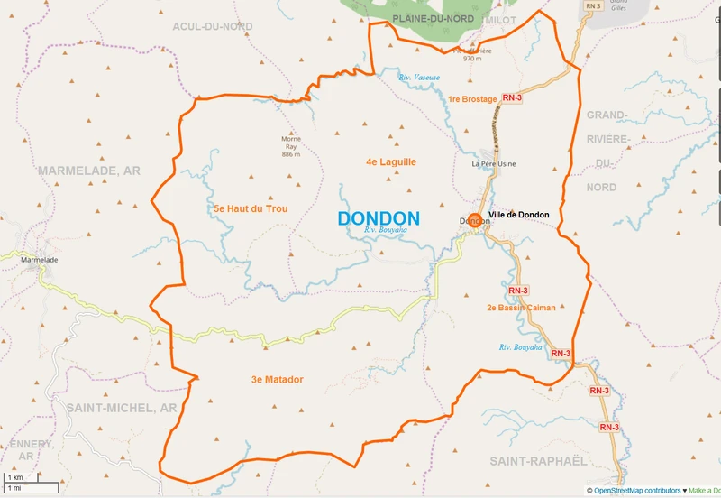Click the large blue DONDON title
pos(379,218)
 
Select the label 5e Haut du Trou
pos(251,208)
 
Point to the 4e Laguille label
pos(391,161)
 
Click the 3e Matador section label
pos(277,379)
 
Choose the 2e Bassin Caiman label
pos(521,308)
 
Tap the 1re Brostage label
pos(471,99)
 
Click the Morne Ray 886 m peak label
pos(290,146)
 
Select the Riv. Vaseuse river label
pos(421,78)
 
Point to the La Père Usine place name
pos(493,164)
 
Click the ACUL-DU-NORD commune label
pos(213,27)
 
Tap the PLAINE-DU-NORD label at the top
pos(433,19)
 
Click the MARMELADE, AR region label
pos(88,170)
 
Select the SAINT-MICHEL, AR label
pos(122,408)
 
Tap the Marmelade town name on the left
pos(39,260)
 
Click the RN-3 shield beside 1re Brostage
pos(512,98)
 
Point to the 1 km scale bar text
pos(15,476)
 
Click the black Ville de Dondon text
pos(519,215)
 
